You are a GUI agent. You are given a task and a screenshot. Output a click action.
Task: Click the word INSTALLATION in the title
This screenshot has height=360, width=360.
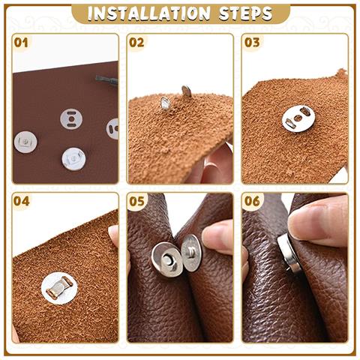148,13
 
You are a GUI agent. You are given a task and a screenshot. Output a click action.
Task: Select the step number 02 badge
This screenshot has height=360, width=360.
136,42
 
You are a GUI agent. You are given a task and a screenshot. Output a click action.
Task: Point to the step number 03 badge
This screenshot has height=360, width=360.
251,42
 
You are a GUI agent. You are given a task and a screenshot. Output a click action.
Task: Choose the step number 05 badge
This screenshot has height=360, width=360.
136,201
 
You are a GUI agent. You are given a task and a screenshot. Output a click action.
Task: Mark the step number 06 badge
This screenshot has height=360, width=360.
251,201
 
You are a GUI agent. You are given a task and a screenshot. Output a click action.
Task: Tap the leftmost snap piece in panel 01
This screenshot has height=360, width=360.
25,140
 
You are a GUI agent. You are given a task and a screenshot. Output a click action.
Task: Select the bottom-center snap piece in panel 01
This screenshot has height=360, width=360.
73,157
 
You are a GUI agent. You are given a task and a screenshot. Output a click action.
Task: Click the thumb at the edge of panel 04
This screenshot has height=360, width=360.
114,238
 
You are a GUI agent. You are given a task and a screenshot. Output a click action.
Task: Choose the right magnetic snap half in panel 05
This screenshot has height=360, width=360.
191,252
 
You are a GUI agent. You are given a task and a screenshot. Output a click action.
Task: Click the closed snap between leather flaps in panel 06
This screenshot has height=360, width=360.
288,253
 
